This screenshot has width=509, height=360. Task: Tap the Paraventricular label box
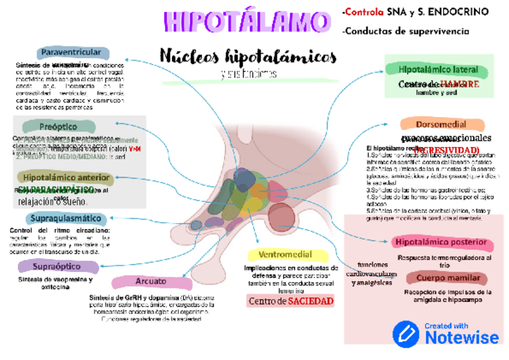(73, 53)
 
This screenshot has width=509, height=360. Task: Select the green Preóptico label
(58, 127)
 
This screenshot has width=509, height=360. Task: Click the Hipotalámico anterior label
(66, 178)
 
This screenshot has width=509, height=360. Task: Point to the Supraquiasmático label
(63, 218)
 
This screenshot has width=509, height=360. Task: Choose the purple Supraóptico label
(58, 266)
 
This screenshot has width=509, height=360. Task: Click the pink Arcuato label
(146, 281)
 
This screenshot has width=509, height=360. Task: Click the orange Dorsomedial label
(441, 124)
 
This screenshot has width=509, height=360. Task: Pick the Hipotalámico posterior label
(441, 242)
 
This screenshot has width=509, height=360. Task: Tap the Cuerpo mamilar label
(448, 278)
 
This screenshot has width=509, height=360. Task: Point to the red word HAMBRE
(459, 84)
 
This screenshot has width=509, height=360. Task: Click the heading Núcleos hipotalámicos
(248, 56)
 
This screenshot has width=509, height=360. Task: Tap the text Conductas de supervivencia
(405, 31)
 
